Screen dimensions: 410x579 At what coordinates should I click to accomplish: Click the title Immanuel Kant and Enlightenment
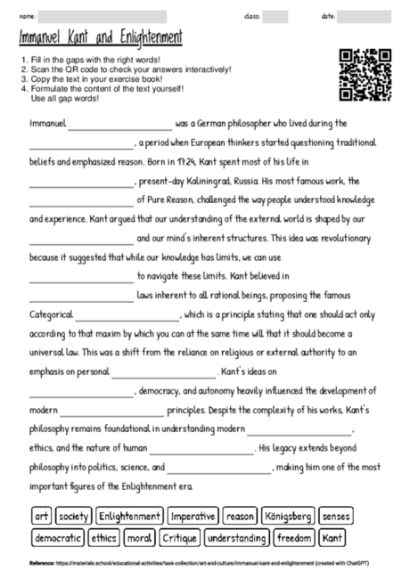[x=101, y=38]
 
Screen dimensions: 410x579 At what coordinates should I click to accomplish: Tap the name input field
[x=102, y=16]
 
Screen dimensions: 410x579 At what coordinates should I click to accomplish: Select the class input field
[x=275, y=16]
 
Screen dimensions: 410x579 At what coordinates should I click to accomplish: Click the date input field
[x=364, y=16]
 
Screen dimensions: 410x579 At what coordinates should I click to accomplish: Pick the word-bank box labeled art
[x=41, y=516]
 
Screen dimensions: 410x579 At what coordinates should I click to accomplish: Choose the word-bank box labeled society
[x=73, y=516]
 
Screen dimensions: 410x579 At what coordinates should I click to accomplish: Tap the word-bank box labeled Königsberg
[x=288, y=516]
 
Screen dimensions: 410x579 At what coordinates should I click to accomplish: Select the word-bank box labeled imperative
[x=193, y=516]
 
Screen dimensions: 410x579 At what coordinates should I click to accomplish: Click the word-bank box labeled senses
[x=336, y=516]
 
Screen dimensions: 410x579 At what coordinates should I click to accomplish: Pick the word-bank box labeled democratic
[x=59, y=537]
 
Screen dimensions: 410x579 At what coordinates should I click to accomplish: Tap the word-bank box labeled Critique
[x=178, y=537]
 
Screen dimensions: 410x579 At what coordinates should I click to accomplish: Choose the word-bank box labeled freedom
[x=294, y=537]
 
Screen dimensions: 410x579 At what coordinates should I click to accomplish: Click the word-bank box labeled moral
[x=138, y=537]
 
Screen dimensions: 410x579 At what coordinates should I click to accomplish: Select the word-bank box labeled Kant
[x=332, y=537]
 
